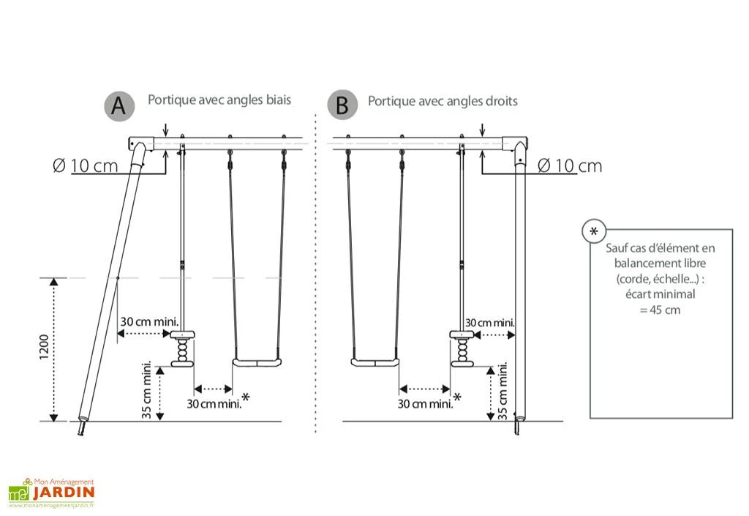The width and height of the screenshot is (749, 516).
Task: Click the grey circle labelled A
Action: [119, 106]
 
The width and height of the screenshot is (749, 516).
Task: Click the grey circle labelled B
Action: [342, 106]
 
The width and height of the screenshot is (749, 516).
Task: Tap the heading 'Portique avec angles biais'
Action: [219, 100]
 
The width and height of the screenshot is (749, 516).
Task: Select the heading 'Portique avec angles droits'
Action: [442, 101]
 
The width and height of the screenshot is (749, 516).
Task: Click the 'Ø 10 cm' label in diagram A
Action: [85, 165]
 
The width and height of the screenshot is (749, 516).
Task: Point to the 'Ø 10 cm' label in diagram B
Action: [569, 165]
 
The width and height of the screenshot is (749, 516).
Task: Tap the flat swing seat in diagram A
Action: [256, 362]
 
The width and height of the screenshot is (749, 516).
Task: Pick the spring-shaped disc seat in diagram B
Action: [462, 348]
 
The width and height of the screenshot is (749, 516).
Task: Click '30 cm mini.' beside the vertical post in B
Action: [490, 322]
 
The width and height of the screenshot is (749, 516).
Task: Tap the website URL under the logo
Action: [52, 506]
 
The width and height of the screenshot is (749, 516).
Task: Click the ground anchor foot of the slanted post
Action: [81, 427]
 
